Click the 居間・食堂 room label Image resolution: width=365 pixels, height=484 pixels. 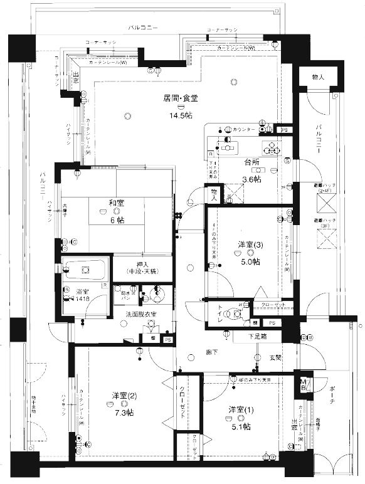tap(180, 98)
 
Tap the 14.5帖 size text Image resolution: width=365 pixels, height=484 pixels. tap(180, 116)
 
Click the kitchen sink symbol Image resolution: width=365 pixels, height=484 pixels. tap(228, 149)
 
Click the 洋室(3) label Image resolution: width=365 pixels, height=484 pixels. tap(250, 243)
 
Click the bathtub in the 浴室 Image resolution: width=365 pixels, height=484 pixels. tap(86, 271)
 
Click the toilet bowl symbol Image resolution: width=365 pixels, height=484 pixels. tap(236, 313)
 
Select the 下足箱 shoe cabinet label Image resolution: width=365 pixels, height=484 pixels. tap(257, 337)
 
